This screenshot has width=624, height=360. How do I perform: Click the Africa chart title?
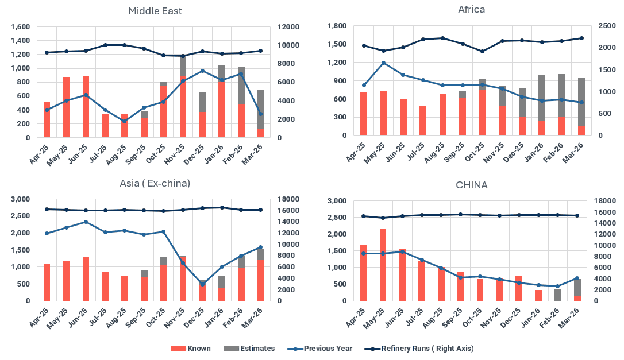click(x=471, y=9)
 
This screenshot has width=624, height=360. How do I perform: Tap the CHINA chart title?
click(x=471, y=185)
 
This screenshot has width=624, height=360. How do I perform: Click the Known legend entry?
click(x=199, y=348)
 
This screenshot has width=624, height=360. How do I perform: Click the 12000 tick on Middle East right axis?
click(x=287, y=27)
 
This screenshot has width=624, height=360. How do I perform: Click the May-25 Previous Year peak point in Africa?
click(x=383, y=63)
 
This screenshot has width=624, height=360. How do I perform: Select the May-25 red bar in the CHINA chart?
click(x=383, y=264)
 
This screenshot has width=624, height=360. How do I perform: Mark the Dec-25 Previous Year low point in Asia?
click(x=202, y=284)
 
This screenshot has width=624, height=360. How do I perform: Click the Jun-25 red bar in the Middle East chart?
click(x=86, y=106)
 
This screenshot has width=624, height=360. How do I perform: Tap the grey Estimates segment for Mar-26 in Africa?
click(x=581, y=102)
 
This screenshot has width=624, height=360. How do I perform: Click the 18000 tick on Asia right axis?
click(x=287, y=199)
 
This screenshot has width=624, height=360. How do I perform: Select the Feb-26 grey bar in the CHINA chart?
click(x=557, y=295)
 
